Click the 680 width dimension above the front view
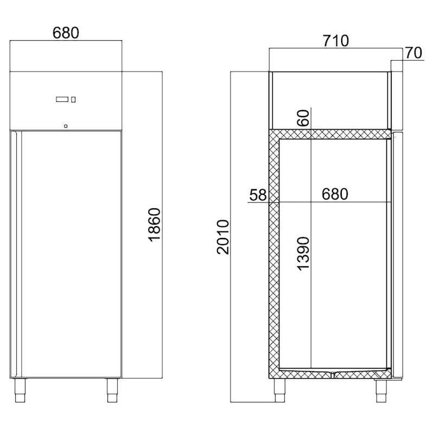coord(66,33)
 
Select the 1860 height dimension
coord(155,225)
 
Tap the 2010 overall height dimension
coord(223,237)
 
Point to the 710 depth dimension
coord(336,41)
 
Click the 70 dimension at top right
coord(413,53)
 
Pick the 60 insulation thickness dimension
coord(303,118)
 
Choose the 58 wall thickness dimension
coord(258,195)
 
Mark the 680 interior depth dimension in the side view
coord(335,194)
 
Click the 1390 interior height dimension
coord(303,253)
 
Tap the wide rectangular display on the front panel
coord(62,99)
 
